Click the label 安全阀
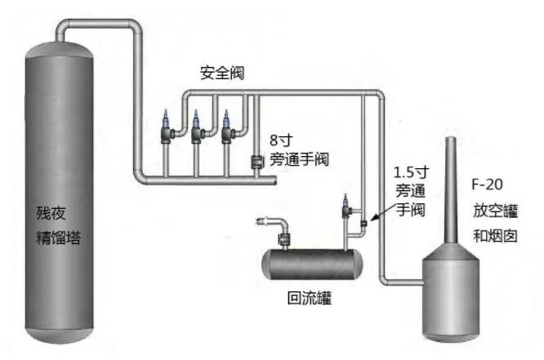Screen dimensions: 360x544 [x=222, y=73]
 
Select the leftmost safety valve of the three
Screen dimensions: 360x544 [x=168, y=127]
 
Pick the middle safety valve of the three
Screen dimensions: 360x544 [x=197, y=127]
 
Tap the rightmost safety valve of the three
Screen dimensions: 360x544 [x=226, y=127]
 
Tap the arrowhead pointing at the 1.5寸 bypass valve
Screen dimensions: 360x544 [x=372, y=219]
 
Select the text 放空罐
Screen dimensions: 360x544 [x=495, y=209]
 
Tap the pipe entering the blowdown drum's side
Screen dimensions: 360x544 [x=404, y=282]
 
